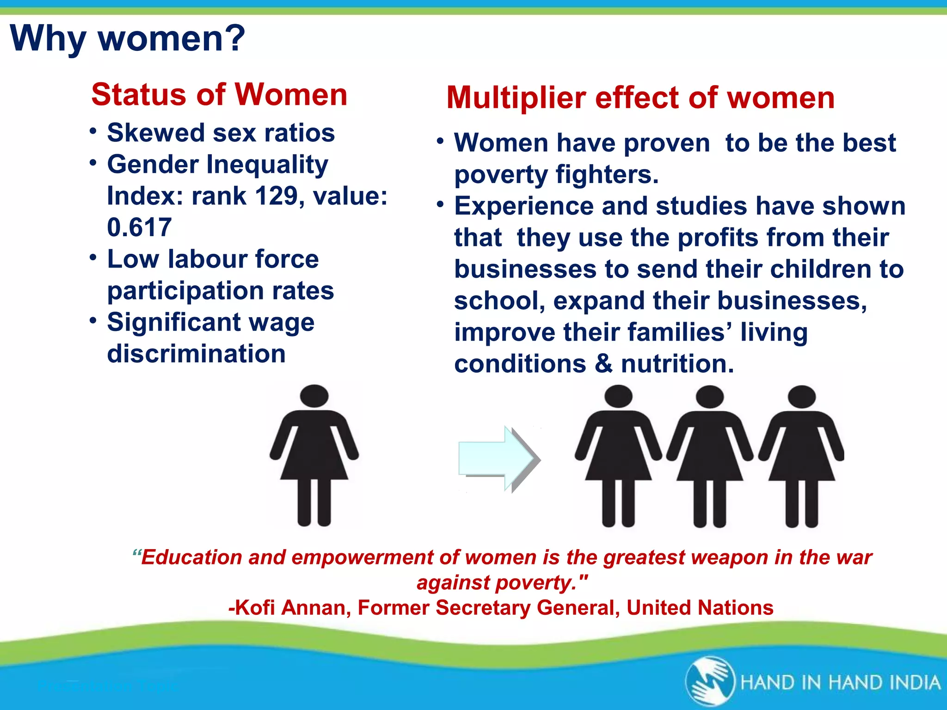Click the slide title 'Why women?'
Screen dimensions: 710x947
coord(127,38)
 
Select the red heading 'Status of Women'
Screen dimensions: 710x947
coord(219,95)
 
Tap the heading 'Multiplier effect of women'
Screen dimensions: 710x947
coord(640,98)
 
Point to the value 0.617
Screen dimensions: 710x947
coord(139,227)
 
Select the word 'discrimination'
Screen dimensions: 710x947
coord(196,354)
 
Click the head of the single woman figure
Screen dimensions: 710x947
coord(314,397)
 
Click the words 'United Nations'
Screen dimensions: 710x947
coord(700,608)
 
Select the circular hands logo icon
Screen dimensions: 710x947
coord(710,682)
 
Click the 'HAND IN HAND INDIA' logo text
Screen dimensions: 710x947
coord(840,683)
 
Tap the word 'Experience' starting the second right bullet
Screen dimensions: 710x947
coord(523,206)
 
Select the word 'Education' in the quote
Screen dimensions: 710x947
coord(191,557)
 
